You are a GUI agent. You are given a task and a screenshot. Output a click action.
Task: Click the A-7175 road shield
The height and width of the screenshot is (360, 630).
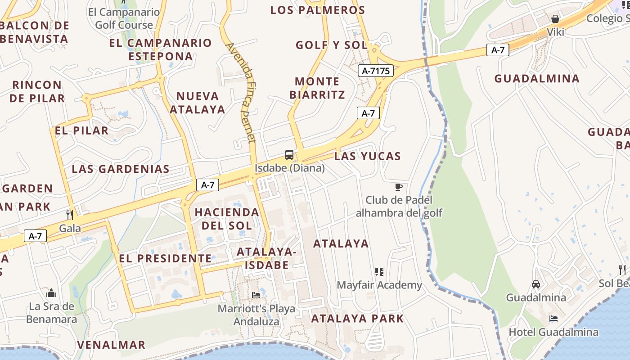coord(376,71)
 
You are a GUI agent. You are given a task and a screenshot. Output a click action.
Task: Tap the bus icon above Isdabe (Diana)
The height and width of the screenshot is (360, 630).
coord(289,155)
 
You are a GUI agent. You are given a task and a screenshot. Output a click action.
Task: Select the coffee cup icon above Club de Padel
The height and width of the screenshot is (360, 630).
coord(398,187)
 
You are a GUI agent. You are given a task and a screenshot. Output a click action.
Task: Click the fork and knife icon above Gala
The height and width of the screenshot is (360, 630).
coord(70,215)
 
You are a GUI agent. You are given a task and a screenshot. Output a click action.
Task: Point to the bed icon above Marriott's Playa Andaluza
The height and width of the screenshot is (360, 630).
coord(256,295)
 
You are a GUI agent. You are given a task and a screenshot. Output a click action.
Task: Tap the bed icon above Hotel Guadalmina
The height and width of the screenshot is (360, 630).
coord(553,319)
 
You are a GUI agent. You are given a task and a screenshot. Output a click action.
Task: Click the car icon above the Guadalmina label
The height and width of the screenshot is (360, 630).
coord(536,284)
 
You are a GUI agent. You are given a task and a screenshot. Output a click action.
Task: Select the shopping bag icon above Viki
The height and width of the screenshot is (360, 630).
coord(555,19)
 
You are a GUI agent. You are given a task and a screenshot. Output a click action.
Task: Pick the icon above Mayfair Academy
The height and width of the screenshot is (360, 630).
coord(379,272)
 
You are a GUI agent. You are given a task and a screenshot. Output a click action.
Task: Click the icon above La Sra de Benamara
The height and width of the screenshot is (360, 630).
coord(51,293)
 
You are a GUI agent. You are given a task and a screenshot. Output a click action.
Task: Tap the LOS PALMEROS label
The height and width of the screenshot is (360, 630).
coord(318,10)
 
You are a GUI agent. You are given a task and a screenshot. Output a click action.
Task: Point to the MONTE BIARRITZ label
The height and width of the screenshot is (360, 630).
coord(317,88)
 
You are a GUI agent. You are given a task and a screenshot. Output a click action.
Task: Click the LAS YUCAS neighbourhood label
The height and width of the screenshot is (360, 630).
coord(368,156)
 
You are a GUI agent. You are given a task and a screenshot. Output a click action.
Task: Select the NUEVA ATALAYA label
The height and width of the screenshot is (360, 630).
coord(198,103)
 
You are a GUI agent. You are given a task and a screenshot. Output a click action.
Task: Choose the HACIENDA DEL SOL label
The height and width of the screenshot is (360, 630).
coord(227,219)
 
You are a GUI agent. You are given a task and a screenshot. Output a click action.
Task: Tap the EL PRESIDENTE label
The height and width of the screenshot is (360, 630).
coord(165,259)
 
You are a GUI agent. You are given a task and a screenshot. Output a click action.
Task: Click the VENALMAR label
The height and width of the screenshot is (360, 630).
coord(111,345)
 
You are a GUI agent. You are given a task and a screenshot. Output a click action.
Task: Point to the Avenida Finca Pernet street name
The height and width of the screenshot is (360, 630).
coord(241,92)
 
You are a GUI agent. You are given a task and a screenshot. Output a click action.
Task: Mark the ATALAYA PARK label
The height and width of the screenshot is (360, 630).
coord(358,319)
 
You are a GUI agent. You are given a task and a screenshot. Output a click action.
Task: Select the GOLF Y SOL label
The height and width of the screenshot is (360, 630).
coord(332,45)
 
